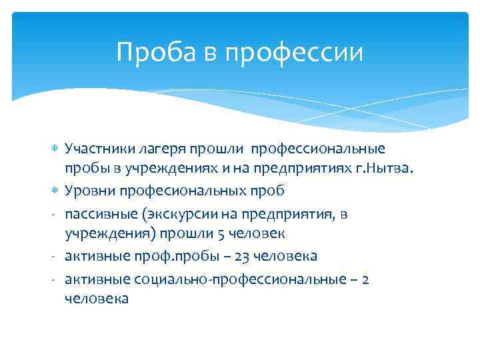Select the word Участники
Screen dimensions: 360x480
(x=100, y=148)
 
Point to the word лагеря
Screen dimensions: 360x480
(x=162, y=148)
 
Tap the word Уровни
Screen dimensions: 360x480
(x=90, y=191)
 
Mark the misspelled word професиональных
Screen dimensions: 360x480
(x=184, y=191)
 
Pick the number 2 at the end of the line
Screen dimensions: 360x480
(x=365, y=279)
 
